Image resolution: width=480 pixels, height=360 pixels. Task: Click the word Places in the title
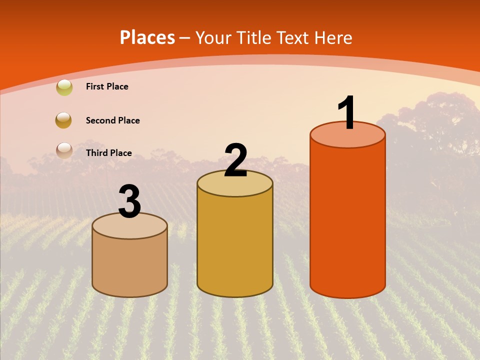pos(147,37)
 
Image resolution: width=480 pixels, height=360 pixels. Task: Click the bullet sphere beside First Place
pos(64,87)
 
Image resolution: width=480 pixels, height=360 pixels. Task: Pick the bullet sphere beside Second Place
pos(64,120)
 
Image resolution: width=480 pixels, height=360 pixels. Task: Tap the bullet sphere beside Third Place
pos(64,150)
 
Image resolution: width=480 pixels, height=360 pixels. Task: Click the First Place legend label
pos(107,86)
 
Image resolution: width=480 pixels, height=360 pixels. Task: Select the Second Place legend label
pos(112,120)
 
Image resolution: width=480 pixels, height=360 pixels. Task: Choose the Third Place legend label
pos(108,153)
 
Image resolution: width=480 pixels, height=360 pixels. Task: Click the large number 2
pos(235,160)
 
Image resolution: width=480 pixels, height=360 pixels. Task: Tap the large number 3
pos(130,202)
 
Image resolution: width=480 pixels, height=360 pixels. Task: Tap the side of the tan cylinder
pos(130,265)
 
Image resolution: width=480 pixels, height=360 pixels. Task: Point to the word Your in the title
pos(213,37)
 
